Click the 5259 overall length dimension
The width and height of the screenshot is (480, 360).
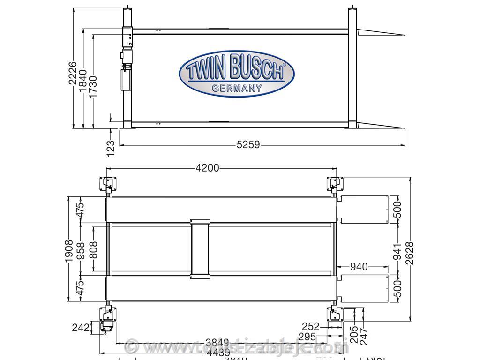click(x=248, y=145)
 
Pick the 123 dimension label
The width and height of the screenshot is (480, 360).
click(x=111, y=148)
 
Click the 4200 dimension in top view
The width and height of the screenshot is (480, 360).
click(x=208, y=168)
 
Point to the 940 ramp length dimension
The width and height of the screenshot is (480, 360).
click(x=359, y=267)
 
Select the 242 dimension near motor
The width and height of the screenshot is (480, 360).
click(x=80, y=327)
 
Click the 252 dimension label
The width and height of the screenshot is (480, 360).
click(x=310, y=326)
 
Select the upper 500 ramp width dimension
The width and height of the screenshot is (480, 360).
click(x=397, y=210)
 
